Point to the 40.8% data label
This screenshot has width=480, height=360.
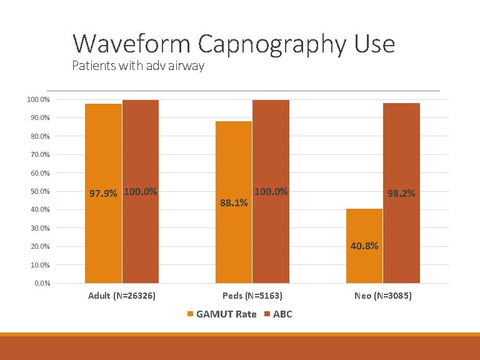364,246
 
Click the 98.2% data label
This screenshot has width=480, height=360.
401,194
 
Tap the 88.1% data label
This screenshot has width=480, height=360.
234,203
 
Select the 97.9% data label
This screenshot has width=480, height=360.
103,194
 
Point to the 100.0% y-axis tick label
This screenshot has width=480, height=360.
38,99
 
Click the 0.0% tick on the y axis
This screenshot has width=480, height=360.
42,284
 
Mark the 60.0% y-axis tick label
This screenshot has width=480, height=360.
40,173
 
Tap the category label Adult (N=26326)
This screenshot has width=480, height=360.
122,296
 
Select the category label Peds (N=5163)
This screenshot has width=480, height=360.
252,296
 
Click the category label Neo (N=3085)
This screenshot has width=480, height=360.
382,296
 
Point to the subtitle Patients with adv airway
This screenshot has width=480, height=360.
138,65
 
